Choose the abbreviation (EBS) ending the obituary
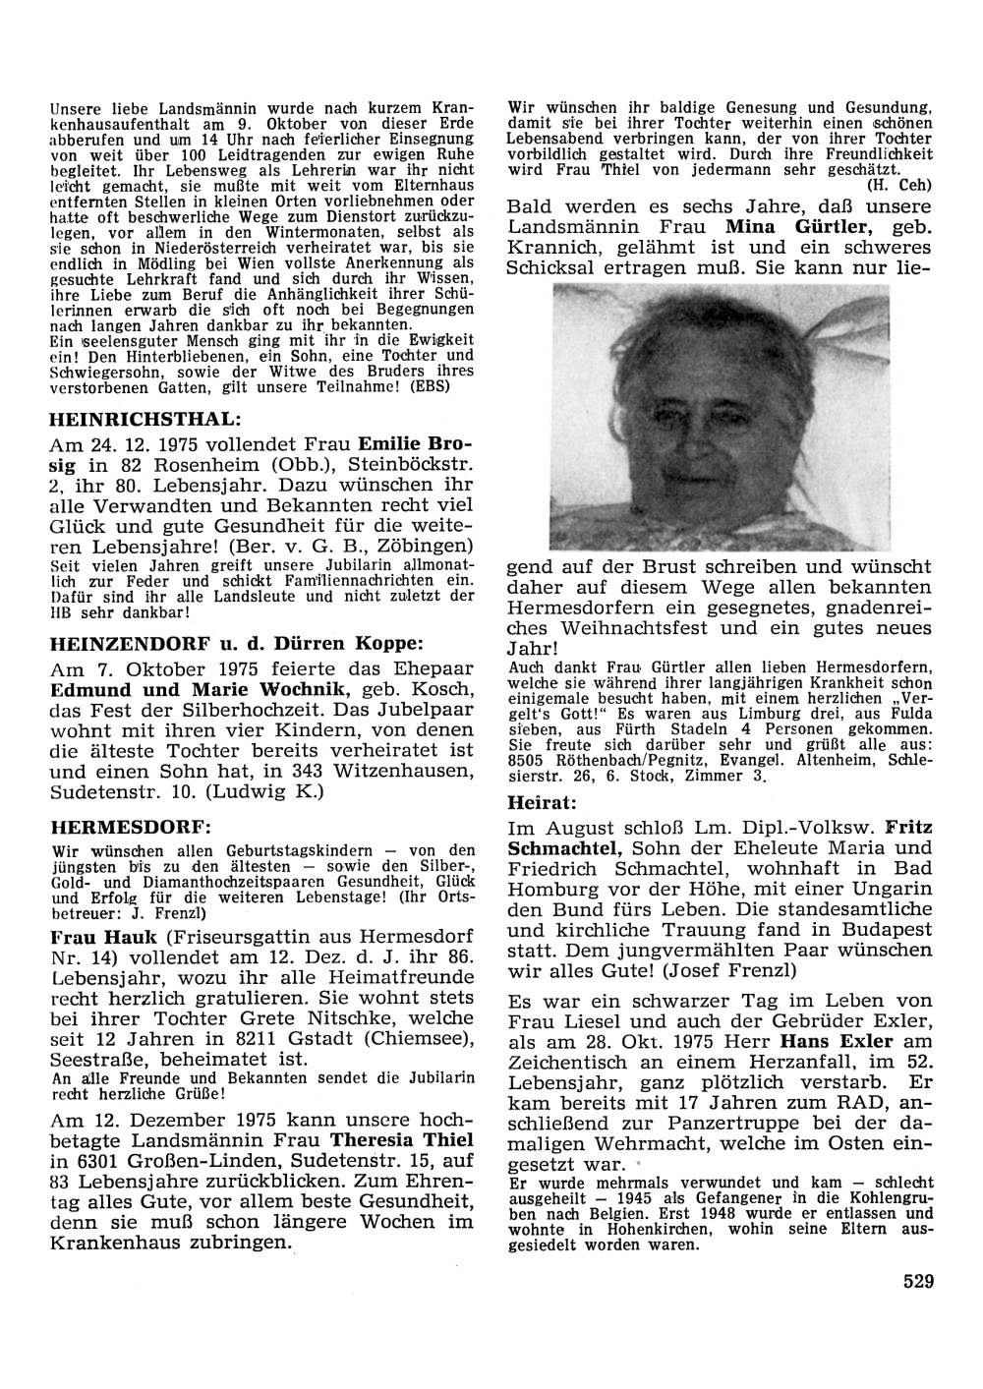point(451,387)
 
